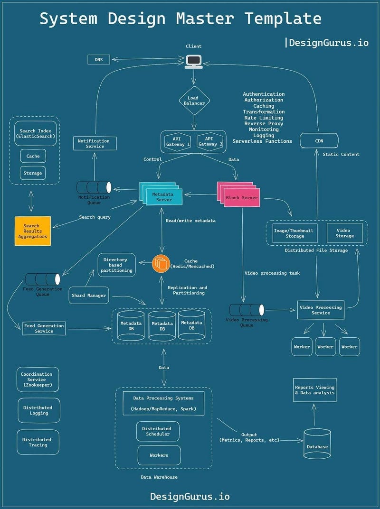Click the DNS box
point(99,59)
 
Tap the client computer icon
point(193,61)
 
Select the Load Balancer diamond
point(193,101)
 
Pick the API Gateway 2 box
point(210,141)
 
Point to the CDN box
point(319,141)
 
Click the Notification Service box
point(94,144)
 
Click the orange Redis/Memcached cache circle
point(161,264)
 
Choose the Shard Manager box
point(89,296)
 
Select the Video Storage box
point(344,233)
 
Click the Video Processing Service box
point(321,310)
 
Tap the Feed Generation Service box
point(44,328)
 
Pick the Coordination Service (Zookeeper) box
point(38,379)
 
